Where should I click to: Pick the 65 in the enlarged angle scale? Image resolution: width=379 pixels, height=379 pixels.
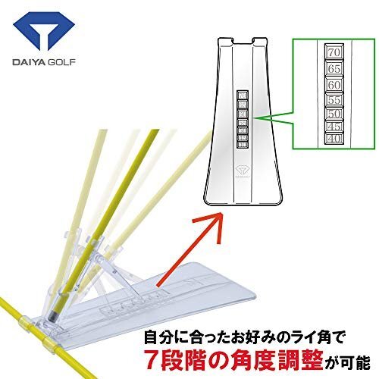pyautogui.click(x=333, y=68)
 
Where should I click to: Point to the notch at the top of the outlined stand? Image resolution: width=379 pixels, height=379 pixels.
pyautogui.click(x=243, y=39)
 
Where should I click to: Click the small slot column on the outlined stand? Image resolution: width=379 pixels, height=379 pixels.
pyautogui.click(x=243, y=117)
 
